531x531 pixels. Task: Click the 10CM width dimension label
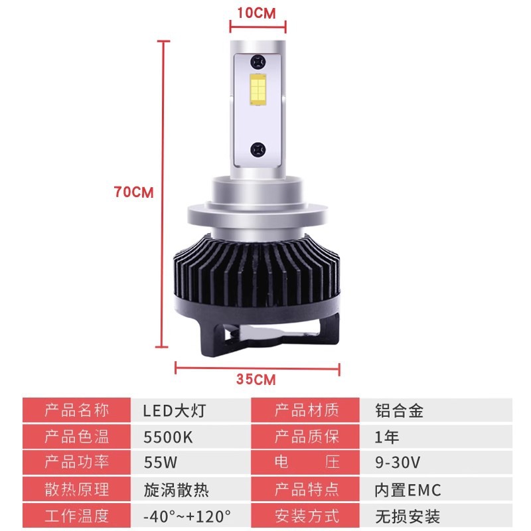pos(256,13)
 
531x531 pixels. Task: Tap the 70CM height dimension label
pos(134,192)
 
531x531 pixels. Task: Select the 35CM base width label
pos(256,379)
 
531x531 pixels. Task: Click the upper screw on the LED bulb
pos(258,62)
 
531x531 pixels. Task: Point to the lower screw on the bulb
pos(258,150)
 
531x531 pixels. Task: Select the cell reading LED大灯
pos(174,411)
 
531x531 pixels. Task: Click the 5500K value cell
pos(168,437)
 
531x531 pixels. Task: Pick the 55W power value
pos(161,463)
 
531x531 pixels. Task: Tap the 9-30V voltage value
pos(398,463)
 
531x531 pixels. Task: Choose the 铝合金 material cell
pos(400,411)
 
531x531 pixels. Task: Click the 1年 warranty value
pos(387,437)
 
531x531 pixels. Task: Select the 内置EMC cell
pos(408,490)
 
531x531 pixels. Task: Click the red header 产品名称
pos(77,410)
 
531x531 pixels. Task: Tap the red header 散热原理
pos(77,490)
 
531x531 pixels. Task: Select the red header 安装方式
pos(307,516)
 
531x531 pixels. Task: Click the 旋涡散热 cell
pos(176,490)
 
